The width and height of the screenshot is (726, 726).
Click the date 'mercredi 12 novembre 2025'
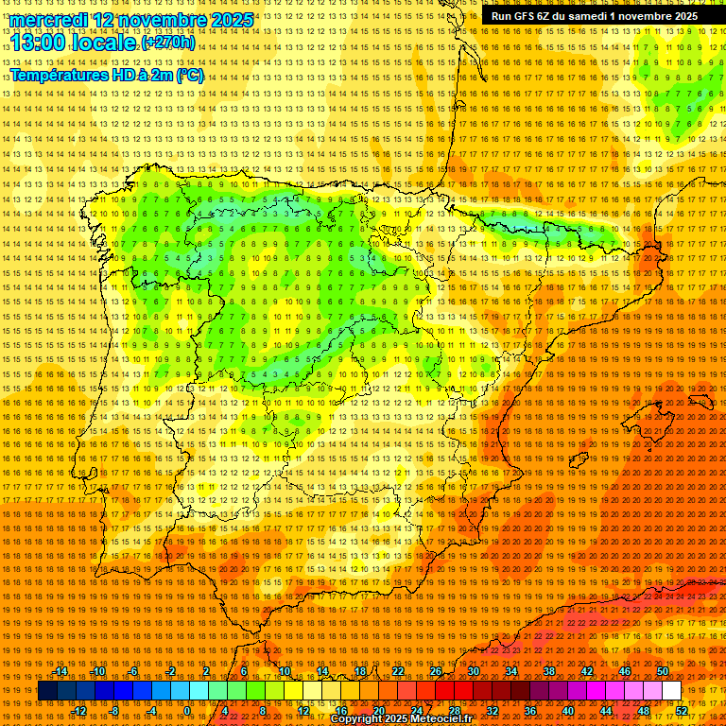[x=132, y=20]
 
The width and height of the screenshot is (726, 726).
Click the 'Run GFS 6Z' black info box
[x=595, y=16]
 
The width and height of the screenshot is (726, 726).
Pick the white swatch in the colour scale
[x=671, y=691]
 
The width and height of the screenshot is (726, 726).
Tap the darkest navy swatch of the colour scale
[x=47, y=691]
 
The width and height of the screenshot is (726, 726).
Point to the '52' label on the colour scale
[x=682, y=710]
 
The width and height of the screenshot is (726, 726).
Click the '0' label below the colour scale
[x=187, y=710]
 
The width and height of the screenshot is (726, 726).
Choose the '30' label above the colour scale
[x=474, y=671]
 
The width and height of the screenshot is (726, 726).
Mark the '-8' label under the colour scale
[x=115, y=710]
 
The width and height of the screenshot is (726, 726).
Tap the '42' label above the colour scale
[x=586, y=671]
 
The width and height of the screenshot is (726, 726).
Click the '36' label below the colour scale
[x=529, y=710]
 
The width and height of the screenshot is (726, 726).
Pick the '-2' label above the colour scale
[x=170, y=671]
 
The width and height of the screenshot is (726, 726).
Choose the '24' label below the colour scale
[x=416, y=710]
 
